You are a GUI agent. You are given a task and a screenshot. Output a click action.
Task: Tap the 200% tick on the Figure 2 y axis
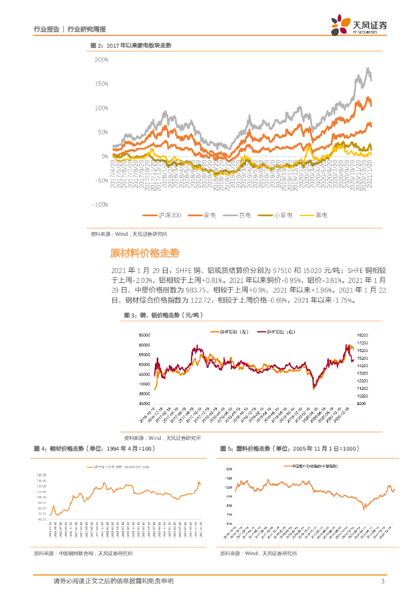101,60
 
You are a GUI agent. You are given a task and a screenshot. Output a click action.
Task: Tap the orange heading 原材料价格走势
144,253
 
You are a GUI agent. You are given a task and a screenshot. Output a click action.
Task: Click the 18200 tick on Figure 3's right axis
364,335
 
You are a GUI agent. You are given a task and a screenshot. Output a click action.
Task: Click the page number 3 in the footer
383,582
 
